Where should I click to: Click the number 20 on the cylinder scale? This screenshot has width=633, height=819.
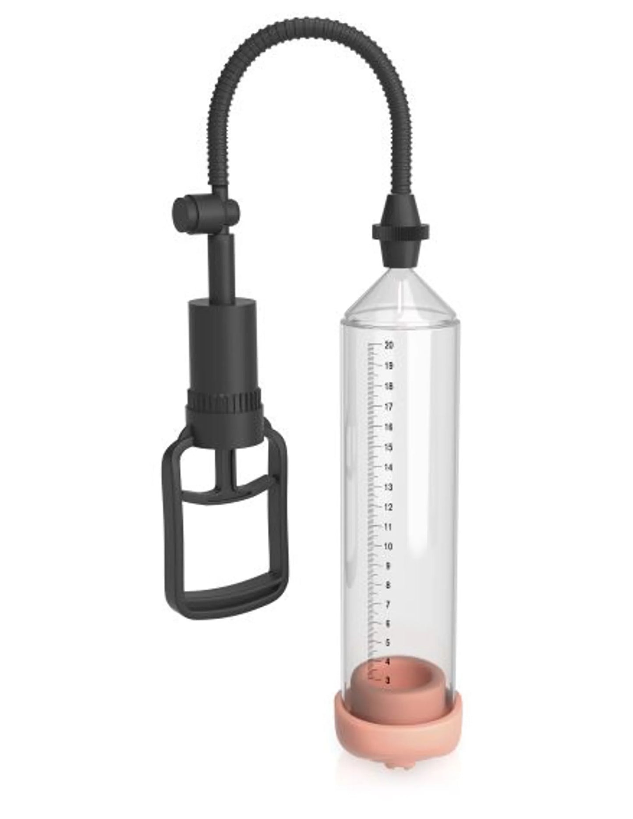click(388, 345)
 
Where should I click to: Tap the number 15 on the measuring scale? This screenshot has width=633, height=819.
click(388, 447)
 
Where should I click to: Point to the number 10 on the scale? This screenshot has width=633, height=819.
click(388, 546)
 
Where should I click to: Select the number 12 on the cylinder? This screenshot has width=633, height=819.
click(388, 507)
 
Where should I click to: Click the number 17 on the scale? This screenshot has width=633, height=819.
click(388, 407)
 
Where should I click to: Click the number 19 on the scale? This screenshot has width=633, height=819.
click(388, 366)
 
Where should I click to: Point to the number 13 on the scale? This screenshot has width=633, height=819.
click(388, 487)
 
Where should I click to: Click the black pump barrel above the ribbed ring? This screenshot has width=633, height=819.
click(223, 342)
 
